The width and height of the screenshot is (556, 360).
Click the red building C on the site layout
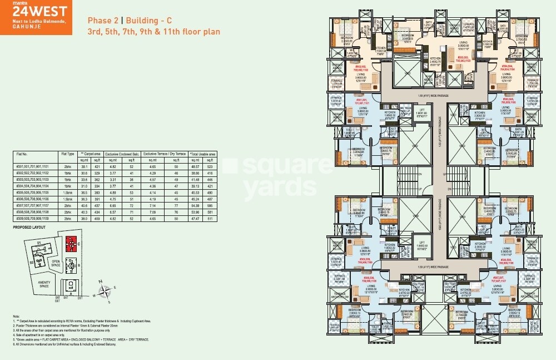tap(70, 243)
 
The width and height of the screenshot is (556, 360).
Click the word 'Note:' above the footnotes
tap(16, 317)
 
